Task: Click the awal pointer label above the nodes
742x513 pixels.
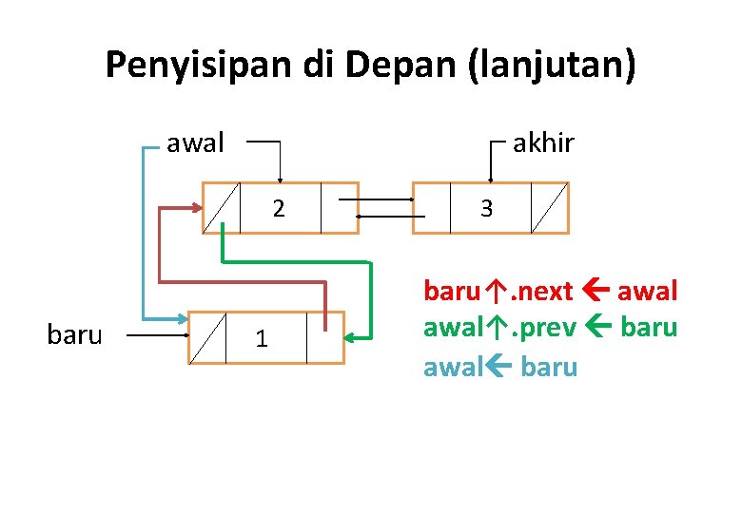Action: [x=195, y=143]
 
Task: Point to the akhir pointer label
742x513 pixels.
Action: [x=543, y=143]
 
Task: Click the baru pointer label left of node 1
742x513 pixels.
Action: [x=73, y=334]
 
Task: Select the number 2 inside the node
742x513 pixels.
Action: [x=277, y=208]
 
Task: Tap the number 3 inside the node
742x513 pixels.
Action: [x=486, y=208]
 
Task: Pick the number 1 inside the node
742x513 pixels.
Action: [x=261, y=337]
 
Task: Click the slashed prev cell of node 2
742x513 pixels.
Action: [x=221, y=207]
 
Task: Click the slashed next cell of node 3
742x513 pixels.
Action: [x=549, y=207]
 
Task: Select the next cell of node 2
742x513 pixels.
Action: [x=339, y=207]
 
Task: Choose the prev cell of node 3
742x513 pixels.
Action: [x=430, y=207]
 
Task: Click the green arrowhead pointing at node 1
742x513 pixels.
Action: [x=351, y=336]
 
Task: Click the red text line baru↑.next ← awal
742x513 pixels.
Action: [x=550, y=290]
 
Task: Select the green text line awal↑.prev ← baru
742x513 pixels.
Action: [x=550, y=328]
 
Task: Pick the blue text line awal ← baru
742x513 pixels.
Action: [x=500, y=367]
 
